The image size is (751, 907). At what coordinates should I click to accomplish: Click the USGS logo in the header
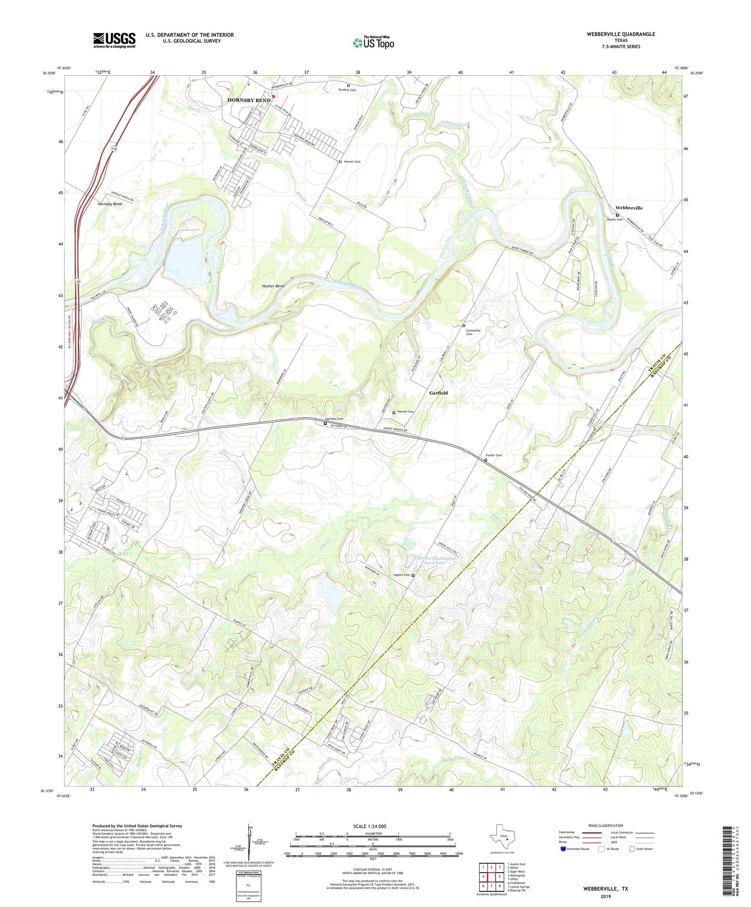(114, 40)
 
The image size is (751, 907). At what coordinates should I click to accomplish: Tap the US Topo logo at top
(373, 43)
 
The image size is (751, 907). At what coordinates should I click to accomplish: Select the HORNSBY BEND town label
(249, 100)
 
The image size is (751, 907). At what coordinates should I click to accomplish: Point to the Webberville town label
(629, 208)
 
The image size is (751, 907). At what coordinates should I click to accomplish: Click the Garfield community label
(438, 393)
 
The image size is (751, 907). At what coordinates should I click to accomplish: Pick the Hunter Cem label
(352, 162)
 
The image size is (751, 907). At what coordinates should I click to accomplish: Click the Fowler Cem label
(493, 456)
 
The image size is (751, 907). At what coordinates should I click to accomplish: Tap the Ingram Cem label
(402, 575)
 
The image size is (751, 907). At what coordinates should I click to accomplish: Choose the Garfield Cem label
(334, 419)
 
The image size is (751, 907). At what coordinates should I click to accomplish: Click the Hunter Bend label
(273, 286)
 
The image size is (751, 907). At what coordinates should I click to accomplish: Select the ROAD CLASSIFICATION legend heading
(605, 825)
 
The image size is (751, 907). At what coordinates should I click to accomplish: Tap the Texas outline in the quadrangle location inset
(502, 839)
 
